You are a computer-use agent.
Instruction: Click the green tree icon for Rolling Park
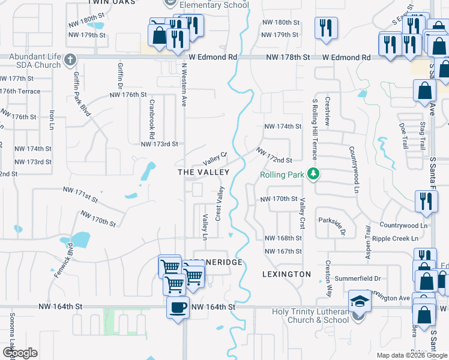pos(312,174)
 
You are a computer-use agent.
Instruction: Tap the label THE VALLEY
pos(204,172)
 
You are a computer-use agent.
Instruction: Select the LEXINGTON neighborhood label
pos(287,274)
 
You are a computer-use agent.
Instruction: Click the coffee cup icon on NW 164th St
pos(178,308)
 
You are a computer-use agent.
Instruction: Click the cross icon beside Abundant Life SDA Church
pos(70,60)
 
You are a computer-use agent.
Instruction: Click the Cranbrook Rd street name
pos(151,117)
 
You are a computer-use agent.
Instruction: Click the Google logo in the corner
pos(20,353)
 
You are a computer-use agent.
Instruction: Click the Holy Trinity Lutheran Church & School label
pos(310,316)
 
